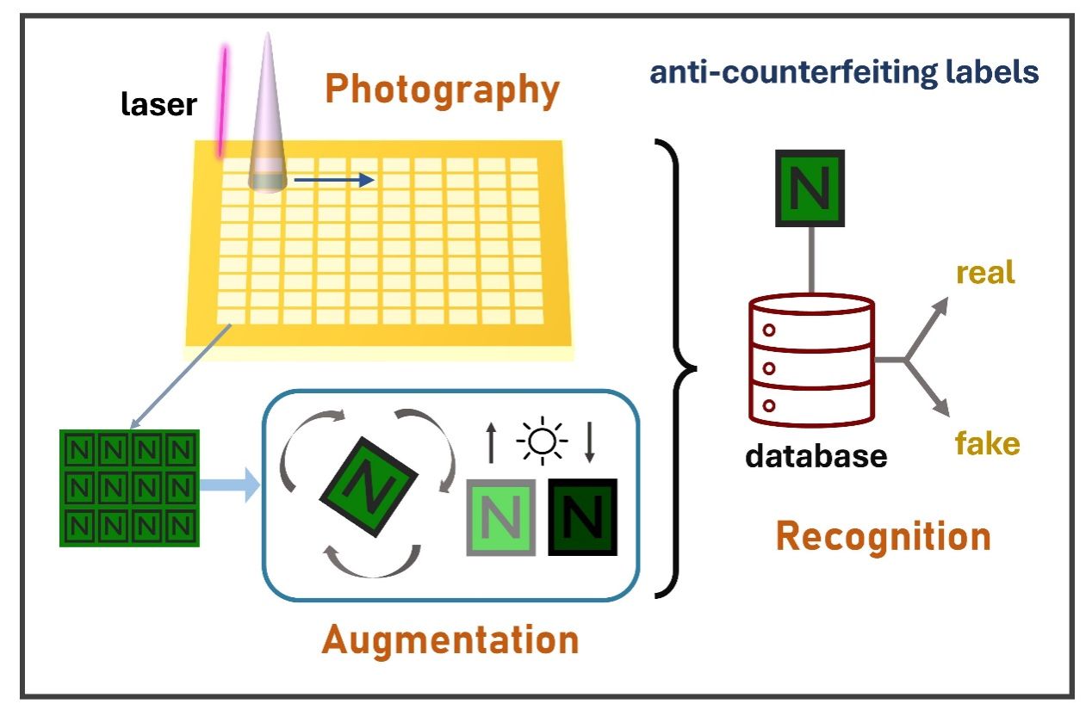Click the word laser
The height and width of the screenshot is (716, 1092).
[x=158, y=105]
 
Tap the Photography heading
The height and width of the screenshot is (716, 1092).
[x=443, y=89]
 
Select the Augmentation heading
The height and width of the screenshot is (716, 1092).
[x=450, y=640]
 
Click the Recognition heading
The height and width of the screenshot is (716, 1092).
[x=883, y=537]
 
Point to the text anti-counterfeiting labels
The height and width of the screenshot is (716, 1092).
[x=844, y=72]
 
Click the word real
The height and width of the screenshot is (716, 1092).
[x=986, y=273]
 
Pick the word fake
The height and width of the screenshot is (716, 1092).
[x=988, y=444]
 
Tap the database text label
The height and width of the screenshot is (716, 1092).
[x=816, y=455]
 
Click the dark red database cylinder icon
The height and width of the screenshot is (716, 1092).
[x=811, y=358]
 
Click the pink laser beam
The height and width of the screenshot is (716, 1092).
[x=223, y=102]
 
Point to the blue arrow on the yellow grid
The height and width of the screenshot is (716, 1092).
[x=334, y=180]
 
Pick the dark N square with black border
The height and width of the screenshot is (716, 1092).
[x=584, y=516]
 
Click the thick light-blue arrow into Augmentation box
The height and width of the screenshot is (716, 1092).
[x=230, y=485]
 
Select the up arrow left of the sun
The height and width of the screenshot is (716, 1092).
[x=491, y=443]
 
